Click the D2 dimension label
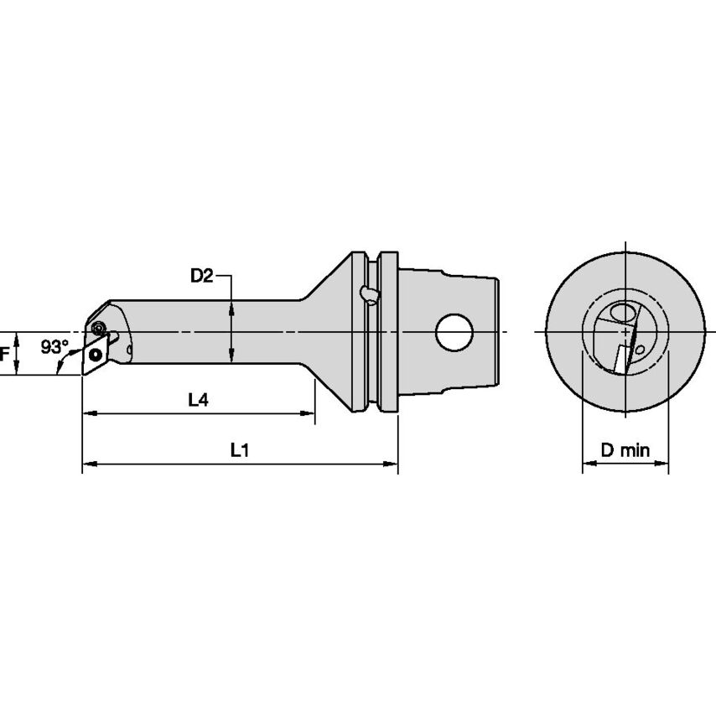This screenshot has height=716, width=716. (x=200, y=276)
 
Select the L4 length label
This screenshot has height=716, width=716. (x=198, y=401)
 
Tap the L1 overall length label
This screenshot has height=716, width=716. (x=240, y=450)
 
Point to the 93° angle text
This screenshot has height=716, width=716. (x=54, y=345)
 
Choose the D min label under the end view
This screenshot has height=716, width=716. (x=625, y=450)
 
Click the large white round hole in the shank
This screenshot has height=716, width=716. (x=454, y=332)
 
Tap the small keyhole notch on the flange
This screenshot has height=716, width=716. (x=366, y=293)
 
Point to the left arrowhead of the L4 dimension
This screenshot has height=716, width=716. (x=88, y=413)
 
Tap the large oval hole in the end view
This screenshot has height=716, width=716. (x=623, y=314)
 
